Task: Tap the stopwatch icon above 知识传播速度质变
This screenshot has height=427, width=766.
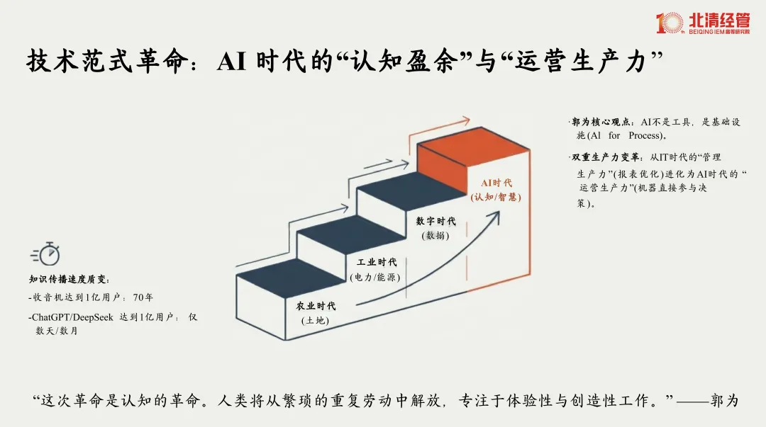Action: point(46,254)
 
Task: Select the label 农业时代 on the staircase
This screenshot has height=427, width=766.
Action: point(316,307)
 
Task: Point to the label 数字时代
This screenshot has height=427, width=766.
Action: point(436,222)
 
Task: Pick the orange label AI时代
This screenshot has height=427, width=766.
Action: point(496,183)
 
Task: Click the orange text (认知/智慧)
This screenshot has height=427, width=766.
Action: point(496,197)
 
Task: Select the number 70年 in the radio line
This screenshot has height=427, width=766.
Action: point(144,297)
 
